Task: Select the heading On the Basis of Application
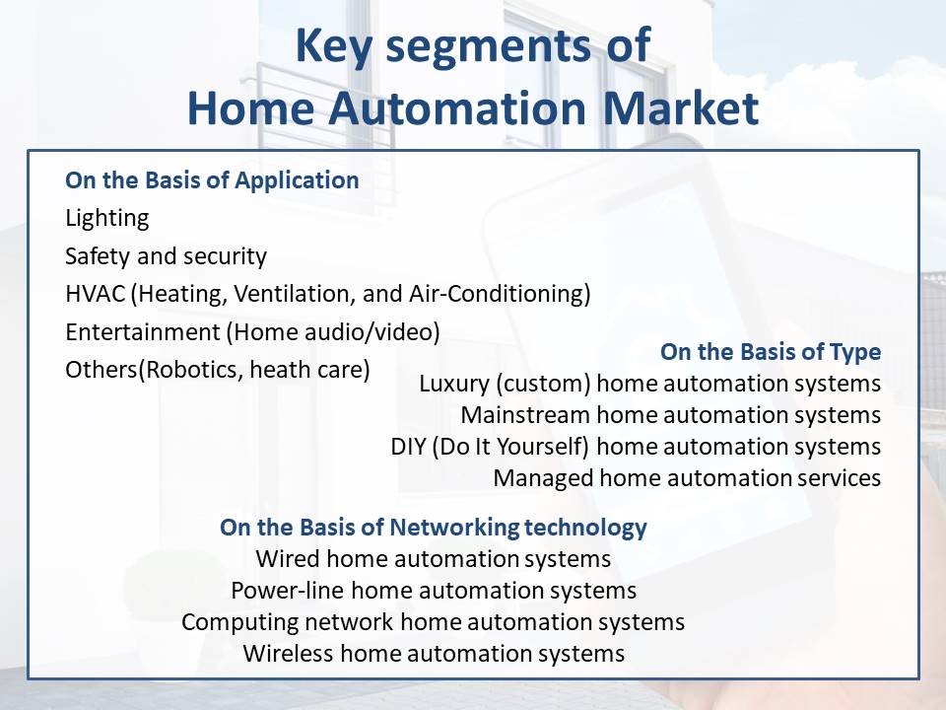tap(212, 179)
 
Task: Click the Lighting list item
tap(106, 219)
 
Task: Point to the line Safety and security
tap(166, 256)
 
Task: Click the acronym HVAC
tap(95, 294)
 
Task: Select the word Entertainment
tap(143, 332)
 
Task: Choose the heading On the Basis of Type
tap(771, 352)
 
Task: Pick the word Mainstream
tap(525, 415)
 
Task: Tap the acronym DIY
tap(408, 447)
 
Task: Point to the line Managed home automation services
tap(687, 478)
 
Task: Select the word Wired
tap(288, 558)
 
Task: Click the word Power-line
tap(287, 591)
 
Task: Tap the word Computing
tap(238, 622)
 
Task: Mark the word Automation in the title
tap(457, 108)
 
